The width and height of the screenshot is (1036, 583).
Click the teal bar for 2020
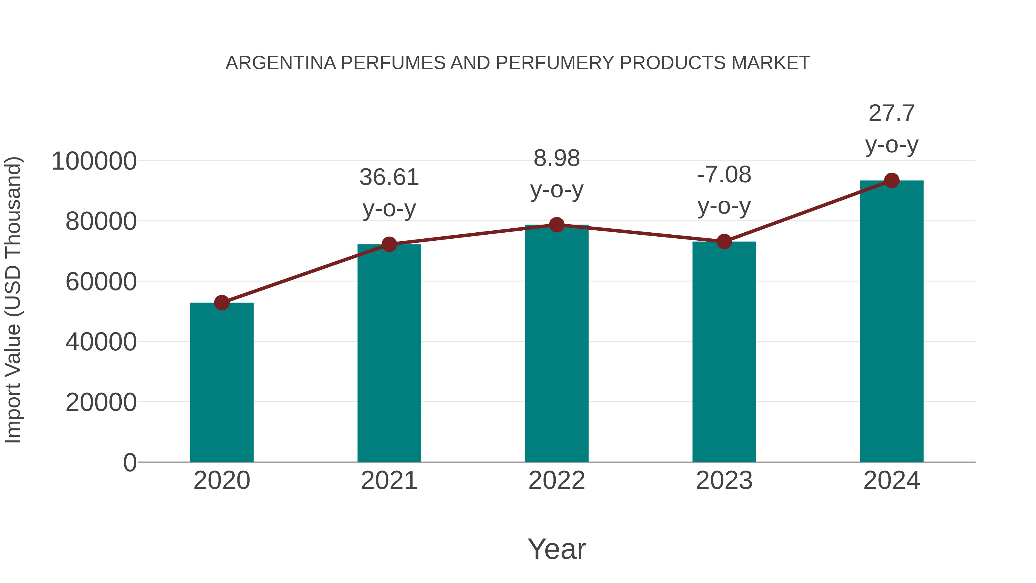click(x=222, y=382)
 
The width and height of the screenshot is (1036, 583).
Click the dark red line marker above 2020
click(x=222, y=303)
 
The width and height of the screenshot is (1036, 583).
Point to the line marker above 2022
click(x=557, y=225)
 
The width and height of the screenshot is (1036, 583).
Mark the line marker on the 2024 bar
click(x=892, y=181)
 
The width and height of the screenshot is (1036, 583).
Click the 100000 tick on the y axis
click(x=94, y=161)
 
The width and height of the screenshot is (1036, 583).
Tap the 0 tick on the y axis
click(x=130, y=462)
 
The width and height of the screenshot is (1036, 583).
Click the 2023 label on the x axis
click(x=724, y=481)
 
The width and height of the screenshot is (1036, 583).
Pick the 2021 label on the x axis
click(x=389, y=481)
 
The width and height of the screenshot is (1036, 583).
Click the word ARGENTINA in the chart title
click(x=281, y=63)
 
